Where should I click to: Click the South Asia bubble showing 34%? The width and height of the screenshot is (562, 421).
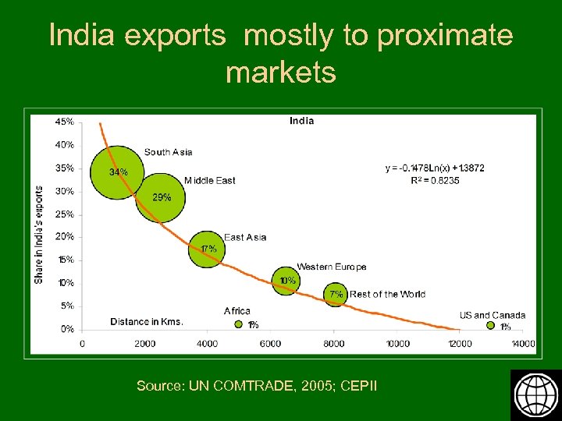(115, 172)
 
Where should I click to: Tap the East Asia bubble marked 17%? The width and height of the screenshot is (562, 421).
(208, 249)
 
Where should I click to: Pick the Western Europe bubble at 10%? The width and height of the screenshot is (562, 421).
(286, 281)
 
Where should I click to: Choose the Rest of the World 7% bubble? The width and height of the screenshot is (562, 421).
(335, 295)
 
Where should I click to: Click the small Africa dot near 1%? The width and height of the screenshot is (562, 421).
(239, 325)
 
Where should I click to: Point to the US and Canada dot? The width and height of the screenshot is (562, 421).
(491, 326)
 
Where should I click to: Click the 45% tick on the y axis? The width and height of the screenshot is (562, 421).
(65, 122)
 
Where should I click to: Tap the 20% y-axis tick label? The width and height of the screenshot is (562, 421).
(65, 236)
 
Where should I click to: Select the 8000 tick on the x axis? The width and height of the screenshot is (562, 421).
(333, 344)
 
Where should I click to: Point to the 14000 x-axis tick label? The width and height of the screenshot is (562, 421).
(522, 344)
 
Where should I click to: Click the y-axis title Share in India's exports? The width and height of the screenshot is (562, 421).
(39, 234)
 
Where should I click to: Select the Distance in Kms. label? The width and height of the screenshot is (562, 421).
(147, 322)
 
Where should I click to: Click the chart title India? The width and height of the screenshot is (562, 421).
(301, 121)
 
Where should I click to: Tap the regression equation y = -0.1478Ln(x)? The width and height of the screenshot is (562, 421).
(435, 168)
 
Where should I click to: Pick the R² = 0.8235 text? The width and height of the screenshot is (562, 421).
(435, 180)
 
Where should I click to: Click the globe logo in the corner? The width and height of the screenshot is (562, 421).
(535, 395)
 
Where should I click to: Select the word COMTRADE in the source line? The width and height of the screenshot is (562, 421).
(261, 386)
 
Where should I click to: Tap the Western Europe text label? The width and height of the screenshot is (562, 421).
(331, 267)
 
